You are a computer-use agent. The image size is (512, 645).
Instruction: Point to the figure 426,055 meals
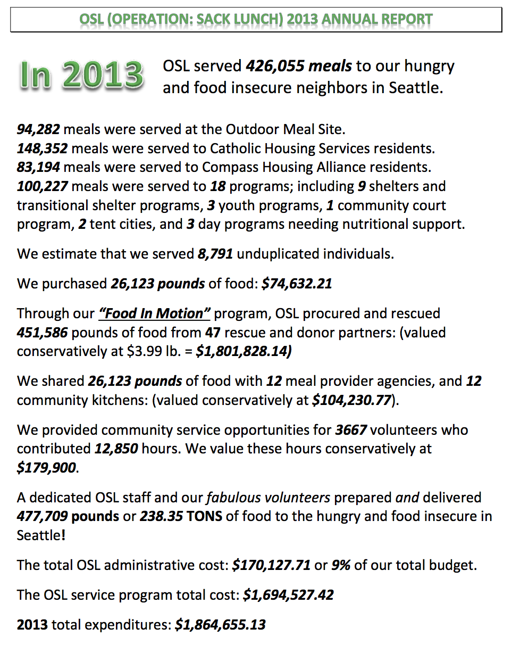298,67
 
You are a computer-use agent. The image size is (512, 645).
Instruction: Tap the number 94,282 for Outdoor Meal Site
38,129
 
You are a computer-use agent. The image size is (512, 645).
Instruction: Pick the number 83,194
38,168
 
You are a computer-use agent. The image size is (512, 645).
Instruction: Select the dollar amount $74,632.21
297,284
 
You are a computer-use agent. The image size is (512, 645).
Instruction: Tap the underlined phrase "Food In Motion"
155,313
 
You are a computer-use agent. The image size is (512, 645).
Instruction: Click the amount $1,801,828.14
243,352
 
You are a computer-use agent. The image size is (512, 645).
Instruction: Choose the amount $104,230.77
352,400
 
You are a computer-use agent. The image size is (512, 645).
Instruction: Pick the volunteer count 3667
351,429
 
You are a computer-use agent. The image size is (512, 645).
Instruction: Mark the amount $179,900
47,468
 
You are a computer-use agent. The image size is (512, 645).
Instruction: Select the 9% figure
341,565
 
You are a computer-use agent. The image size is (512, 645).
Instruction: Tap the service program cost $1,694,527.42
288,594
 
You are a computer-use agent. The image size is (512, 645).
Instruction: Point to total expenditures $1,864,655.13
220,624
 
